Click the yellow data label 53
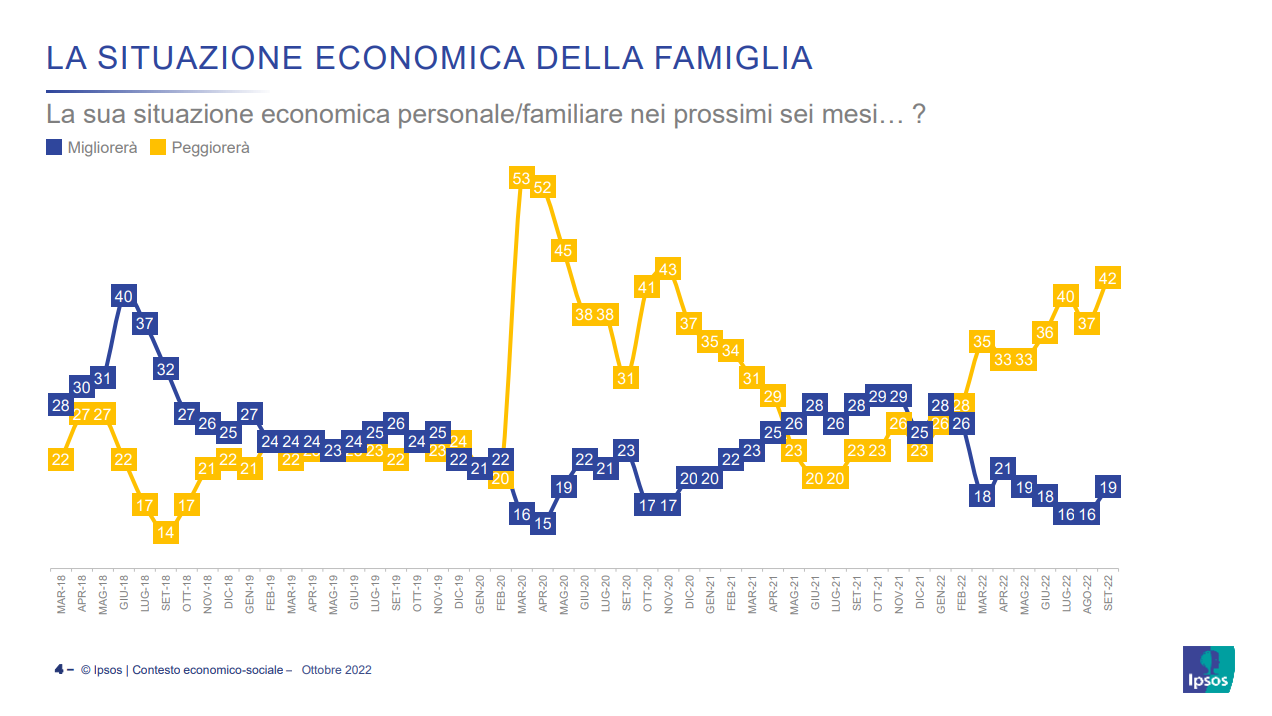click(x=521, y=179)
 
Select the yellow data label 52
click(x=543, y=187)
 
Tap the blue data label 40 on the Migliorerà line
click(x=123, y=296)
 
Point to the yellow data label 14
click(x=166, y=532)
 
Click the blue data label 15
click(x=543, y=523)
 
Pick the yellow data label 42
click(x=1107, y=277)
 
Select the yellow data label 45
click(x=564, y=250)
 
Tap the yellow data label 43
click(x=668, y=268)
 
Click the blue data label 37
click(x=144, y=323)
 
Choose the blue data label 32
click(x=166, y=368)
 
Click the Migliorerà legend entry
click(x=92, y=148)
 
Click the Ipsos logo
click(x=1209, y=669)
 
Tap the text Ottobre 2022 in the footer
click(x=336, y=670)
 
